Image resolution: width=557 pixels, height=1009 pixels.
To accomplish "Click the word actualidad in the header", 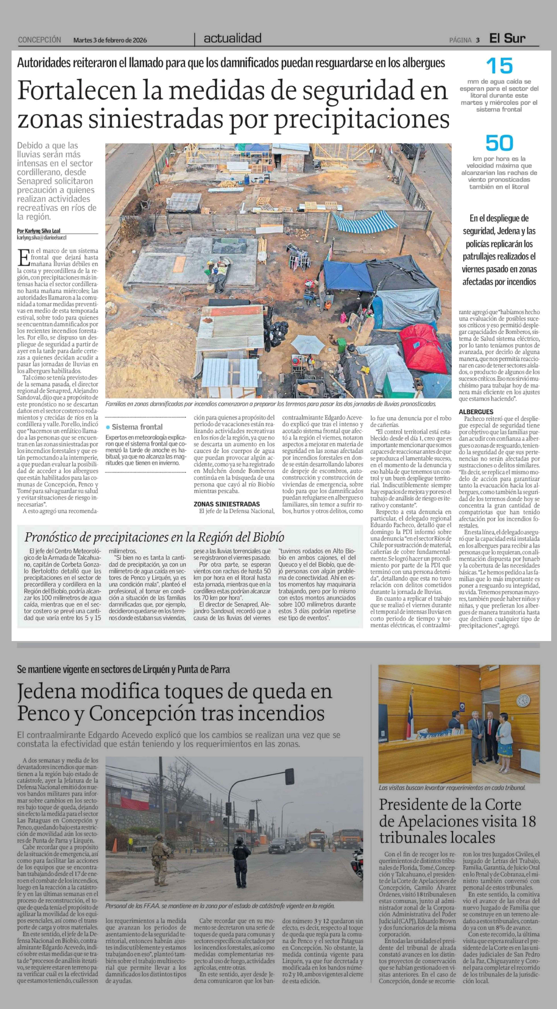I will pyautogui.click(x=232, y=38).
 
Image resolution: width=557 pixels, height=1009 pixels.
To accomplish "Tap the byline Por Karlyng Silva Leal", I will pyautogui.click(x=38, y=231).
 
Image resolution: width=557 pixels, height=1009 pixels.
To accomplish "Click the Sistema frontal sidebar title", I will pyautogui.click(x=137, y=427).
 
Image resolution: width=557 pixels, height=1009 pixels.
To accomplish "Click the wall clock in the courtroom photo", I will pyautogui.click(x=523, y=699).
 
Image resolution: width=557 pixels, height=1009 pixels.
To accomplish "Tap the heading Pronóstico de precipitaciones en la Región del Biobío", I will pyautogui.click(x=154, y=537).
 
